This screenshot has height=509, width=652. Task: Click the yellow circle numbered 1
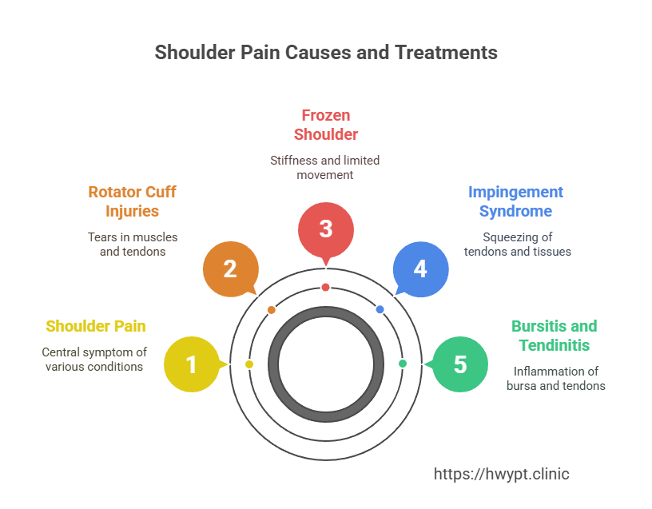(x=192, y=364)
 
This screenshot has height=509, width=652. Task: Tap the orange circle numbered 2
(x=230, y=268)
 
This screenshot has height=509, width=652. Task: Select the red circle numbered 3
(x=325, y=229)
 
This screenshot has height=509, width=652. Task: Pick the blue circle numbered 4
(x=420, y=268)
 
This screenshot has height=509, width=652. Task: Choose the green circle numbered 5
(x=459, y=364)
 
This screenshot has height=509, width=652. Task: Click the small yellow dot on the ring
(x=249, y=364)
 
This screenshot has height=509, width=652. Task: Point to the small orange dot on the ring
(x=272, y=309)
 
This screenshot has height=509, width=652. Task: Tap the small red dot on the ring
(x=325, y=287)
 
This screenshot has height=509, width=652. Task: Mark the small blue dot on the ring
(x=380, y=309)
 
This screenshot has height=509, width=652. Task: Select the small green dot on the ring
(x=403, y=364)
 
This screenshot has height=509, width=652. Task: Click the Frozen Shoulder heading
(x=325, y=124)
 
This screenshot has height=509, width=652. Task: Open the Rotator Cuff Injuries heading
(x=132, y=202)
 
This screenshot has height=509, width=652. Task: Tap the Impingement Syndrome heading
(x=515, y=202)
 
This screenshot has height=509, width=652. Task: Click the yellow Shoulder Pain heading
(x=96, y=326)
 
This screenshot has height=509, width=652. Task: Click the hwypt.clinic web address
(x=501, y=474)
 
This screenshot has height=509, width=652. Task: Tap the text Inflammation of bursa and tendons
(x=556, y=379)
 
